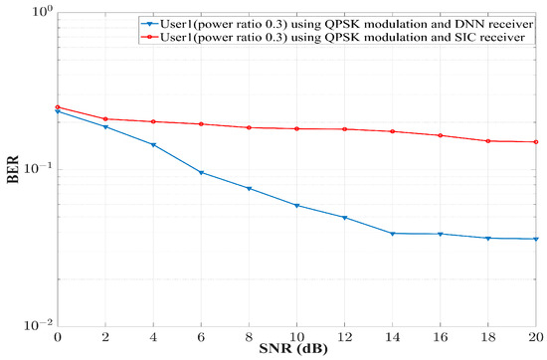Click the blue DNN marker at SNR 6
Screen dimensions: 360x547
[x=202, y=173]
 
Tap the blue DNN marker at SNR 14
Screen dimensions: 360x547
[x=393, y=234]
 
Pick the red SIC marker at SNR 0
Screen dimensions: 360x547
[x=58, y=107]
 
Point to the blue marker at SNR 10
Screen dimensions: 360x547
[x=297, y=206]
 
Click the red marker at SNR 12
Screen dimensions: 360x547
[x=345, y=129]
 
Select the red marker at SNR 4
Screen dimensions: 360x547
[x=153, y=122]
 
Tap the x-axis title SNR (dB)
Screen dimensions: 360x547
[x=296, y=351]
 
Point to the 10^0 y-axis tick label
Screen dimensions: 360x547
[x=36, y=13]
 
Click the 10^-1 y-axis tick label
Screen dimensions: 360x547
[x=36, y=169]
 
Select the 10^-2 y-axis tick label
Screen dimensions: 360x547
[x=36, y=326]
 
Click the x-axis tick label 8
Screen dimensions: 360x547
[x=249, y=337]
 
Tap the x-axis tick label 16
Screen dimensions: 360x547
[x=440, y=337]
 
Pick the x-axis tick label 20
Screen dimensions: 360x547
[x=534, y=337]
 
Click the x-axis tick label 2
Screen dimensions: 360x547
[x=105, y=337]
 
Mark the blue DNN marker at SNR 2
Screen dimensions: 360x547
[x=105, y=127]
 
